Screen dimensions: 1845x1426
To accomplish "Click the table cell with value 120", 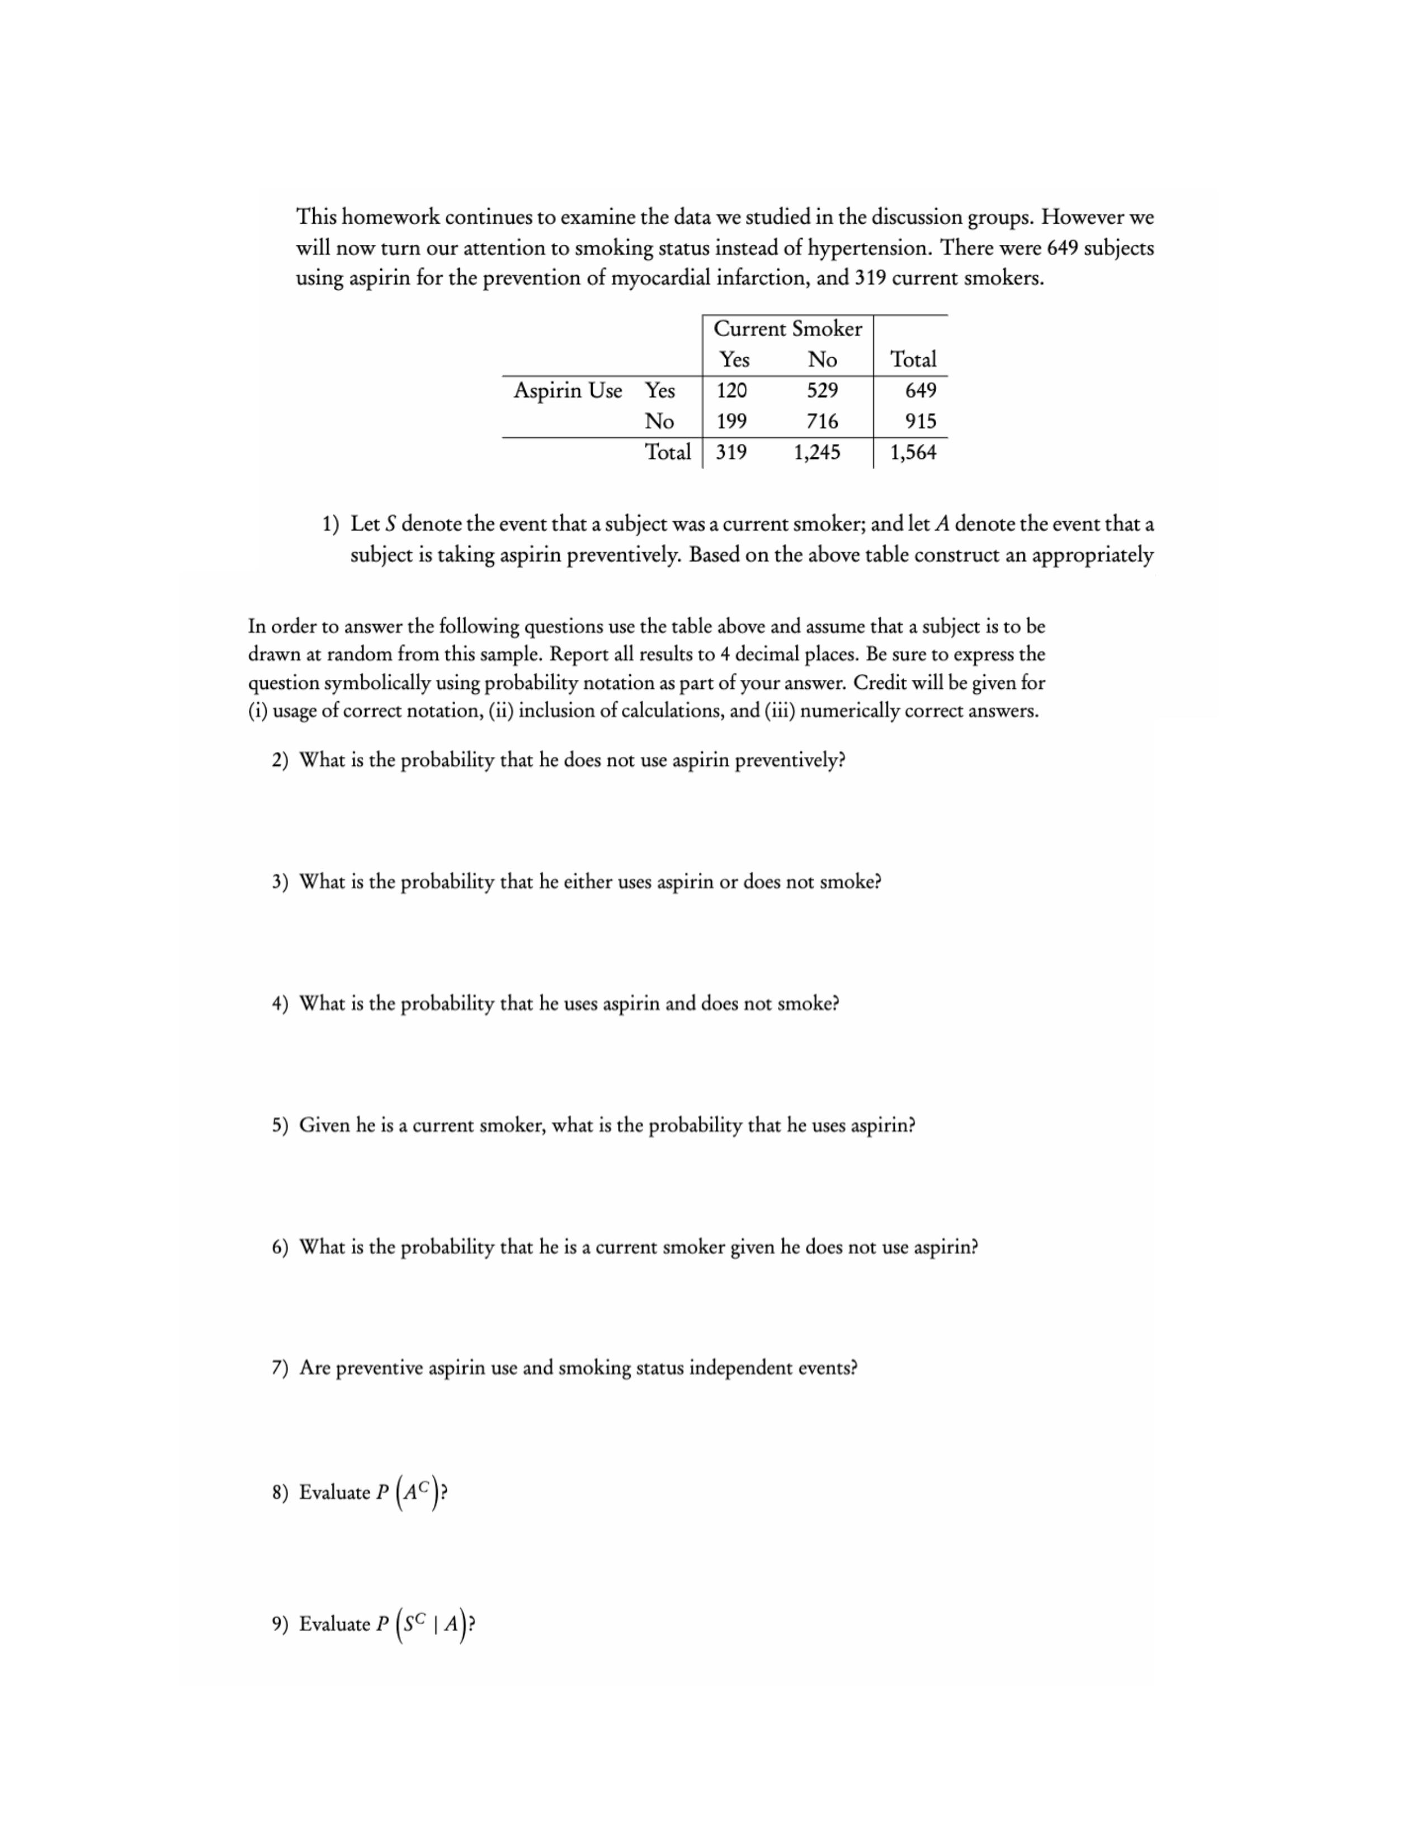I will [731, 390].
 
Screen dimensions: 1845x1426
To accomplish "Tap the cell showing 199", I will [731, 420].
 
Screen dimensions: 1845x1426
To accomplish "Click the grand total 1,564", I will [913, 452].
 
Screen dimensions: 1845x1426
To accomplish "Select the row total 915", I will [920, 420].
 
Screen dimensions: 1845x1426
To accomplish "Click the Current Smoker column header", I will [787, 329].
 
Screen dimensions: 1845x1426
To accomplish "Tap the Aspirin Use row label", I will [568, 390].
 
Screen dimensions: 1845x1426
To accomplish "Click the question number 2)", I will [280, 760].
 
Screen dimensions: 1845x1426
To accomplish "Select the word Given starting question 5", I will [324, 1125].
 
